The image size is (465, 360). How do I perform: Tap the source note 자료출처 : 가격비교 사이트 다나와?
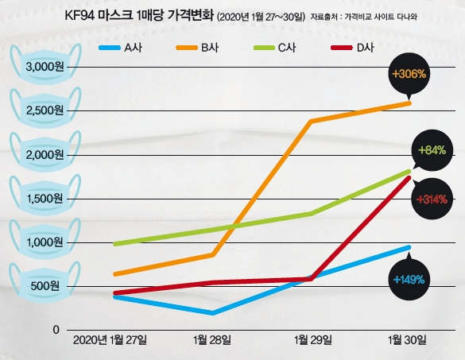click(364, 16)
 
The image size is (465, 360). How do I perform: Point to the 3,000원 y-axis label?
click(45, 66)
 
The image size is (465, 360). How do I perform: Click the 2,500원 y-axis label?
click(45, 110)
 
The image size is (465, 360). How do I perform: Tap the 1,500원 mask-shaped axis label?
click(45, 198)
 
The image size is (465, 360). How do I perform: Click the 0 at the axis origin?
click(56, 329)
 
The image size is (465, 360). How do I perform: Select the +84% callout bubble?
click(433, 150)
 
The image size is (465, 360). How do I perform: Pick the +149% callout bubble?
click(409, 279)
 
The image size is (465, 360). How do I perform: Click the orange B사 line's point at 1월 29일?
click(311, 121)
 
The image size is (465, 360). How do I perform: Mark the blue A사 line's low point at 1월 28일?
click(212, 313)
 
